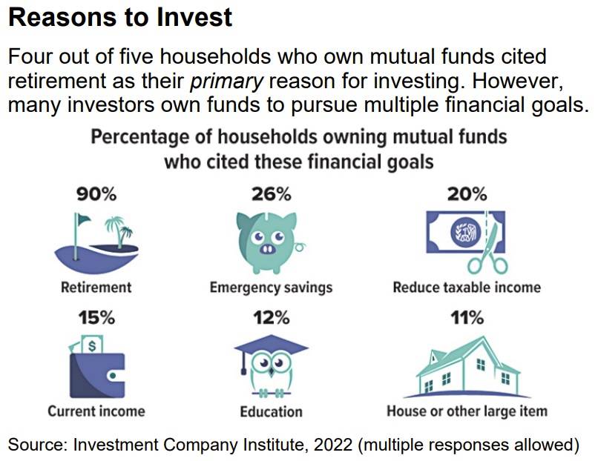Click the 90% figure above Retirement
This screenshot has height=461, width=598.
coord(96,194)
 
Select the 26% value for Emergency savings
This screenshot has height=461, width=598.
coord(271,194)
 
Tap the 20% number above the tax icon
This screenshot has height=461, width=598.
coord(467,194)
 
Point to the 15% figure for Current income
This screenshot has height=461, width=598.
coord(96,317)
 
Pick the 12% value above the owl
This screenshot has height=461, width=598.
coord(271,317)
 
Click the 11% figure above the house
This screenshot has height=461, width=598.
coord(467,317)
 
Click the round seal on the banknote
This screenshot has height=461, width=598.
coord(464,232)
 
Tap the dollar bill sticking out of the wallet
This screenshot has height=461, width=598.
coord(92,344)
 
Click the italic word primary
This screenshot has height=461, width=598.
coord(226,81)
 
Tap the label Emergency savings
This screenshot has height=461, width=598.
coord(271,288)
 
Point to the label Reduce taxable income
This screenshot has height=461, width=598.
coord(467,287)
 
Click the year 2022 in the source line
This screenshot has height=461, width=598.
coord(333,445)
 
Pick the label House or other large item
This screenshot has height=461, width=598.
coord(467,411)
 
